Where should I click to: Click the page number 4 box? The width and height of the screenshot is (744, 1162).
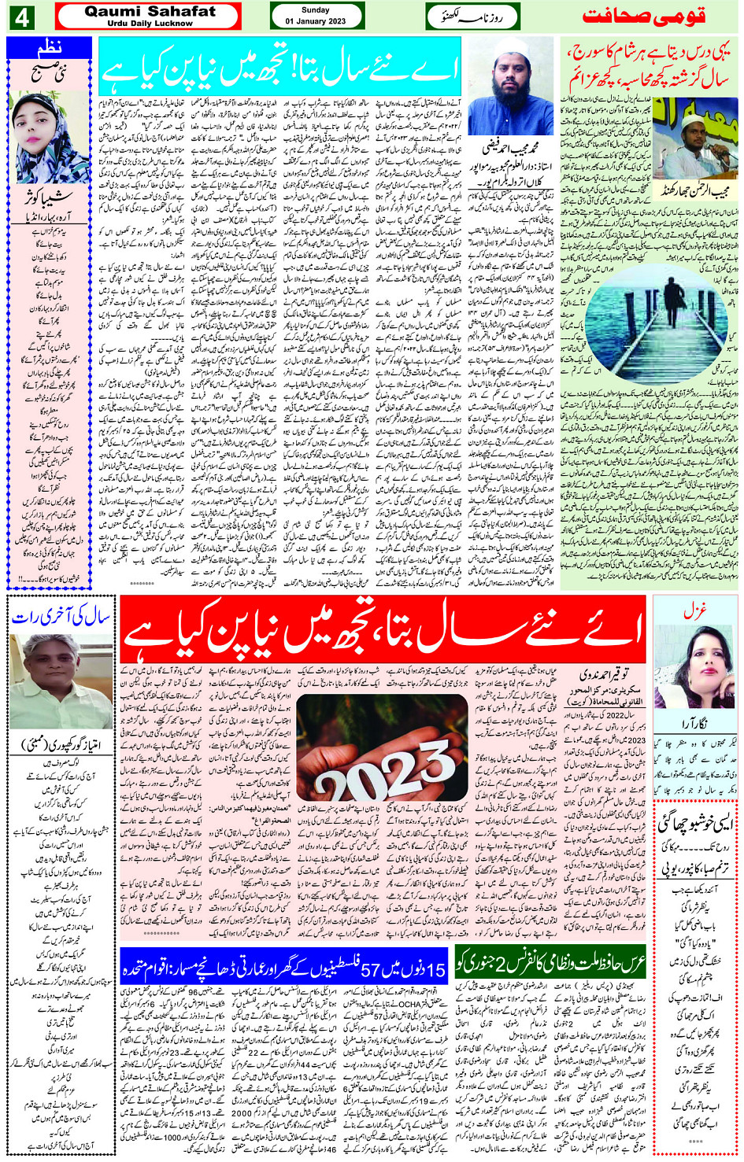point(21,17)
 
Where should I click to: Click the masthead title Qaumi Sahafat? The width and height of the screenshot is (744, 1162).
point(150,11)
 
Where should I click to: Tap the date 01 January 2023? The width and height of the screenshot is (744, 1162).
point(315,21)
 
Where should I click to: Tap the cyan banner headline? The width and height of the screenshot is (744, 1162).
point(280,69)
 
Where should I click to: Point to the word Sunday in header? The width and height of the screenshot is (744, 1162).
point(315,10)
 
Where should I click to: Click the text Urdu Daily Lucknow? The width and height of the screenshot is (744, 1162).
point(150,24)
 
